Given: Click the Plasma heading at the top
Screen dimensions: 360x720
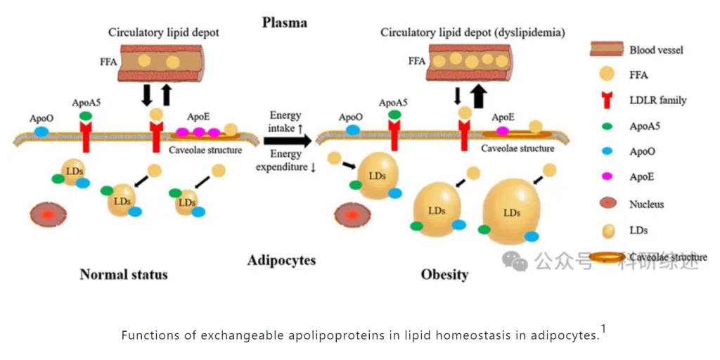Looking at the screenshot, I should pyautogui.click(x=284, y=22).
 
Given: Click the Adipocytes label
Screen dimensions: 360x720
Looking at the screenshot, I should pyautogui.click(x=281, y=261).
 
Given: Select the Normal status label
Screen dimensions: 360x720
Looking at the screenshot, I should pyautogui.click(x=124, y=274).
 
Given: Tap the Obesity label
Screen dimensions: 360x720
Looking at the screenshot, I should pyautogui.click(x=444, y=274).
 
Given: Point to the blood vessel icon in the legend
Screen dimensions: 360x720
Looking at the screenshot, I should pyautogui.click(x=605, y=49).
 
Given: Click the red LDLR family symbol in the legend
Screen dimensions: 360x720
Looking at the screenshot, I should pyautogui.click(x=605, y=101).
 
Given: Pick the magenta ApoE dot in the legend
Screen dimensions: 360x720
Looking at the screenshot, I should pyautogui.click(x=605, y=178).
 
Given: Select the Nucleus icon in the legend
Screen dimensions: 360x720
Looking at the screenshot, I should pyautogui.click(x=605, y=204).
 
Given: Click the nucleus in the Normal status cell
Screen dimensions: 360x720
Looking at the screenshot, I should pyautogui.click(x=47, y=214).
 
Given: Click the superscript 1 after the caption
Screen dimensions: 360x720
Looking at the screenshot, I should pyautogui.click(x=603, y=328).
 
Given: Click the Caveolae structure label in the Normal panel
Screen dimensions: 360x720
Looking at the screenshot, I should pyautogui.click(x=205, y=150).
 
